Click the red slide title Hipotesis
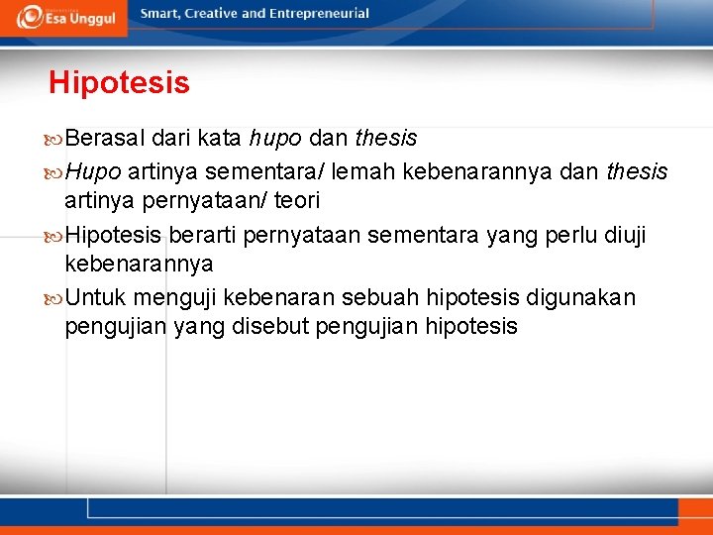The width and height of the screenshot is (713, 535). point(119,83)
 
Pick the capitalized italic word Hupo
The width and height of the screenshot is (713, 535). point(93,172)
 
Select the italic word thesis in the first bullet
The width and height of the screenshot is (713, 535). point(386,138)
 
